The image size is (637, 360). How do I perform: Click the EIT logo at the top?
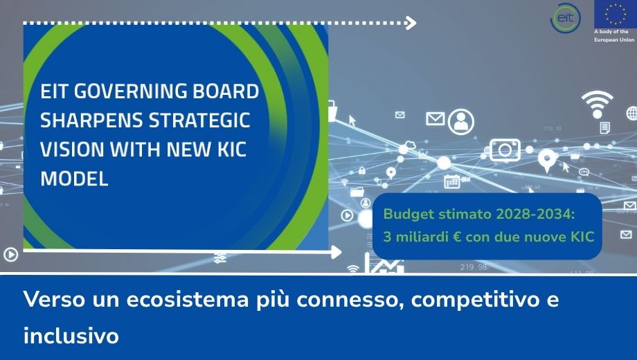565,18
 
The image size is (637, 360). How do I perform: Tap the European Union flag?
616,14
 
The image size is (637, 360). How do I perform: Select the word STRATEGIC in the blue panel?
199,120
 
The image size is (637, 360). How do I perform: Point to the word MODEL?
74,179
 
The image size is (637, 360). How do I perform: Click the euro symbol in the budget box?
457,237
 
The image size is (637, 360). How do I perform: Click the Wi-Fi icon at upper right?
597,105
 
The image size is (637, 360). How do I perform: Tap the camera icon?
505,150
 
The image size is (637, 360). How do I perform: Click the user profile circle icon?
460,121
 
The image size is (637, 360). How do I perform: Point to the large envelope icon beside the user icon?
435,118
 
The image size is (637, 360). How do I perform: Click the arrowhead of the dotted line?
411,23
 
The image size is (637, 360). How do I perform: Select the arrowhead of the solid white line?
337,252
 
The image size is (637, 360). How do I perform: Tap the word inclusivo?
71,336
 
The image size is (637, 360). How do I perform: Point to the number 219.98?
474,267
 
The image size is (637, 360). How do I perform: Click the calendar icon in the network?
451,181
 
